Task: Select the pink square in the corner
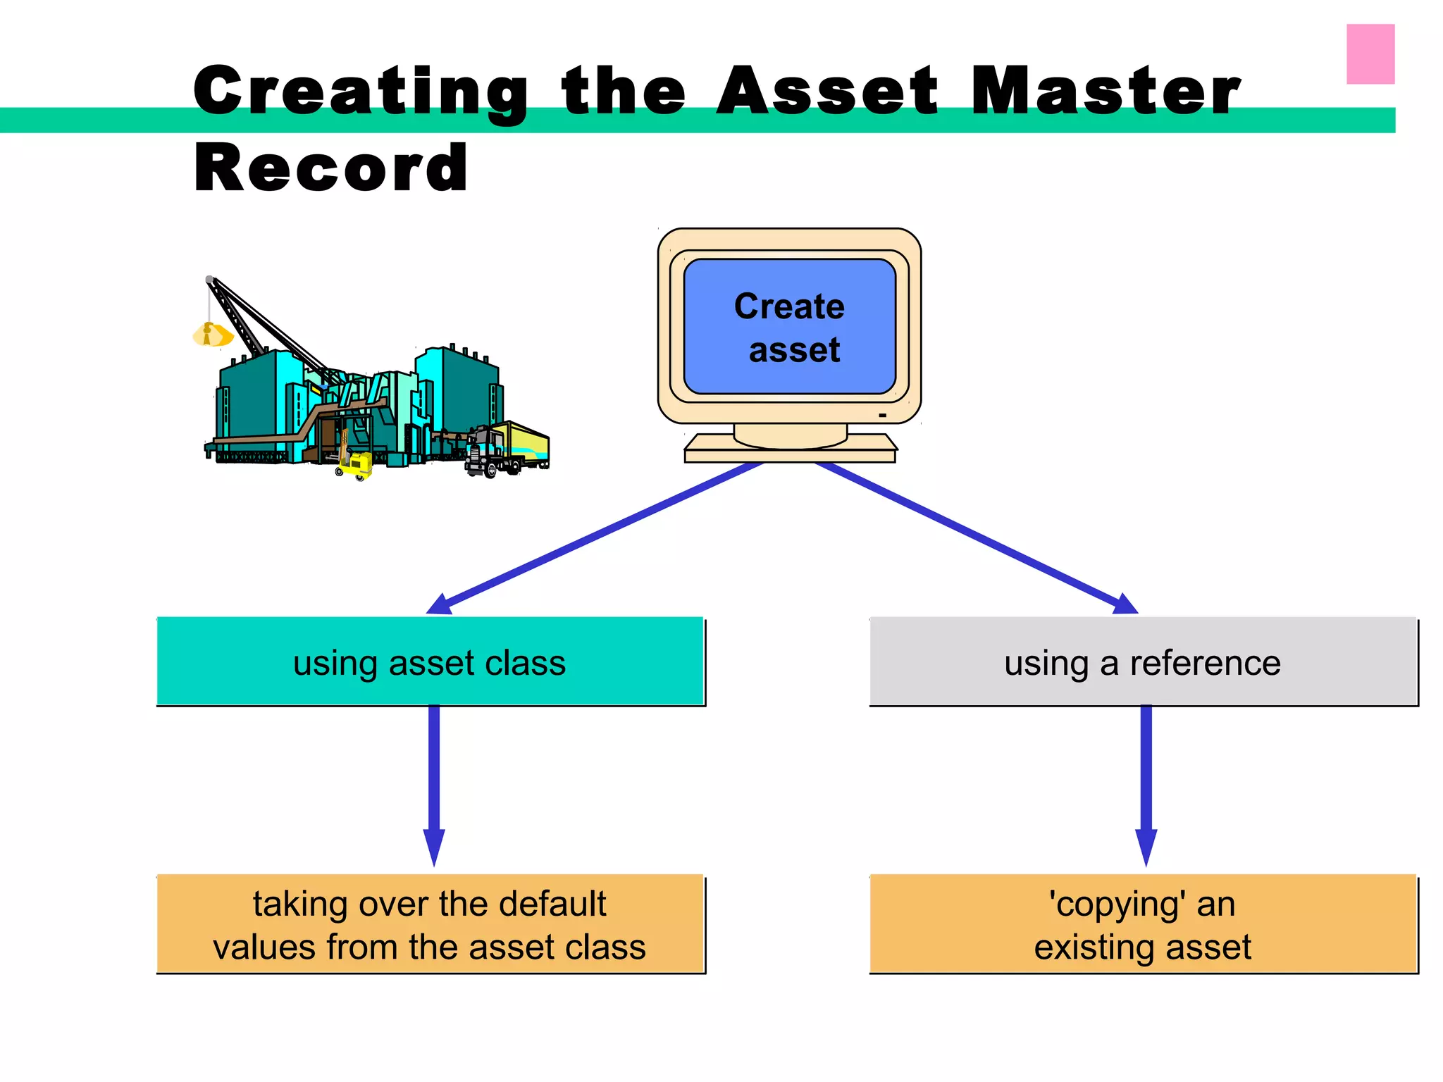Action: click(x=1370, y=54)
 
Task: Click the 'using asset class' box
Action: click(x=430, y=662)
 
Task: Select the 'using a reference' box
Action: click(x=1143, y=662)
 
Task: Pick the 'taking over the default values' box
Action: click(x=430, y=924)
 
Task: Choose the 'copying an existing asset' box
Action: click(x=1143, y=924)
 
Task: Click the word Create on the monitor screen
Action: click(x=789, y=306)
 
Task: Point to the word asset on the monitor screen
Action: click(x=794, y=350)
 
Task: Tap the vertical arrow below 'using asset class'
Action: click(x=434, y=782)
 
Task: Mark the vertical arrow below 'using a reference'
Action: click(x=1146, y=782)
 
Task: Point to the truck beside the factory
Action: click(x=507, y=449)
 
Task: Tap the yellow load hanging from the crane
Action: click(x=211, y=335)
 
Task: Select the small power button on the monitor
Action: click(x=882, y=416)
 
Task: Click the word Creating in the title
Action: click(x=361, y=92)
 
